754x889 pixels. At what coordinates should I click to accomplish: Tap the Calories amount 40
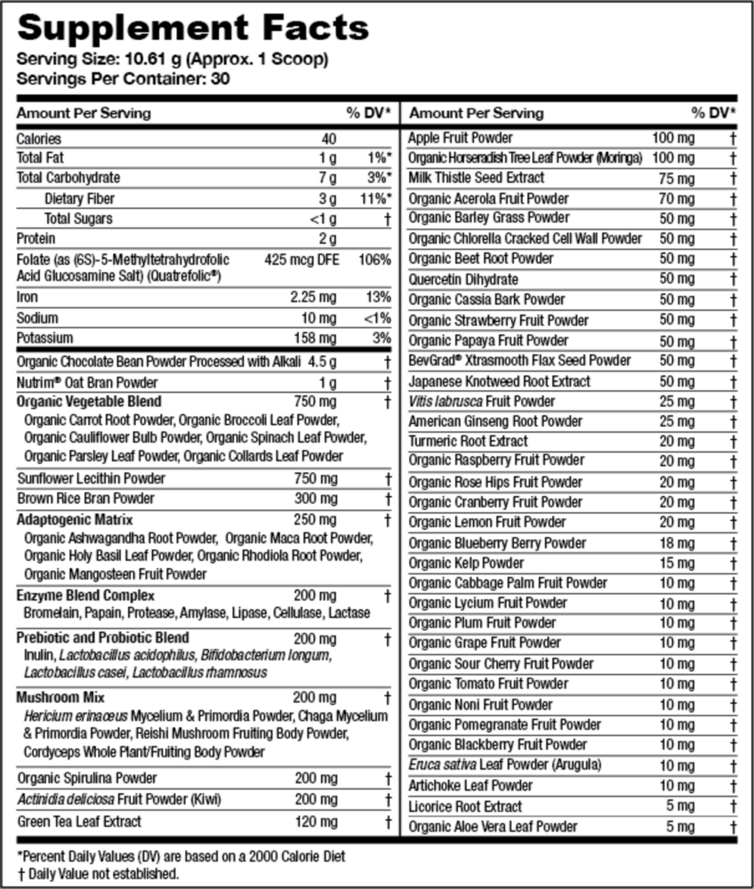[x=329, y=139]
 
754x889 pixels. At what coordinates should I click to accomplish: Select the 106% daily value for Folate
[x=374, y=260]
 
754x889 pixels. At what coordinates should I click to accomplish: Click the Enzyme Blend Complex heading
[x=86, y=595]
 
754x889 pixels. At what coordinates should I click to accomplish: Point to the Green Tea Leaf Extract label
[x=79, y=821]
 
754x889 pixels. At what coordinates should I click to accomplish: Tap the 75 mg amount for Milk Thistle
[x=678, y=178]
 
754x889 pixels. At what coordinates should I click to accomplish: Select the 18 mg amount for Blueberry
[x=678, y=542]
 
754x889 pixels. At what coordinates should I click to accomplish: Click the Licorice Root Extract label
[x=465, y=806]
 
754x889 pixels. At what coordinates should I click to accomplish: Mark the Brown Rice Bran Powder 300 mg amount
[x=316, y=499]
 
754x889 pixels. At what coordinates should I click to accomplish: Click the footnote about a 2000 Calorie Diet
[x=181, y=856]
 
